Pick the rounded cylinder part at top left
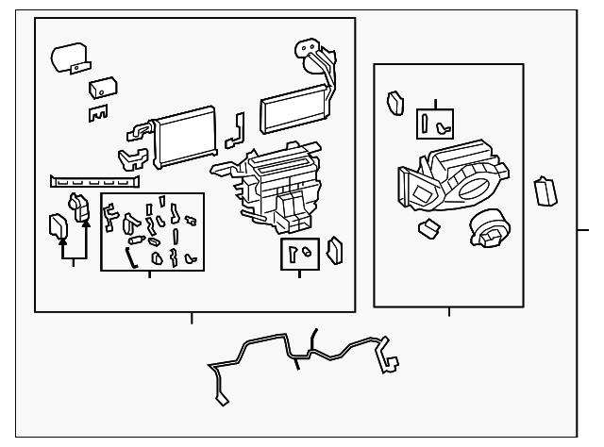(68, 58)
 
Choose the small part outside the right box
(545, 190)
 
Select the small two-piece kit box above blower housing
(435, 123)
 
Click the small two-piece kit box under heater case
(298, 254)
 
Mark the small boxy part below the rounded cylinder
(101, 88)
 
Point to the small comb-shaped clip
(97, 113)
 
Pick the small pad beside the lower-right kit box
(335, 251)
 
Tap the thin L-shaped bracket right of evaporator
(236, 132)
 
